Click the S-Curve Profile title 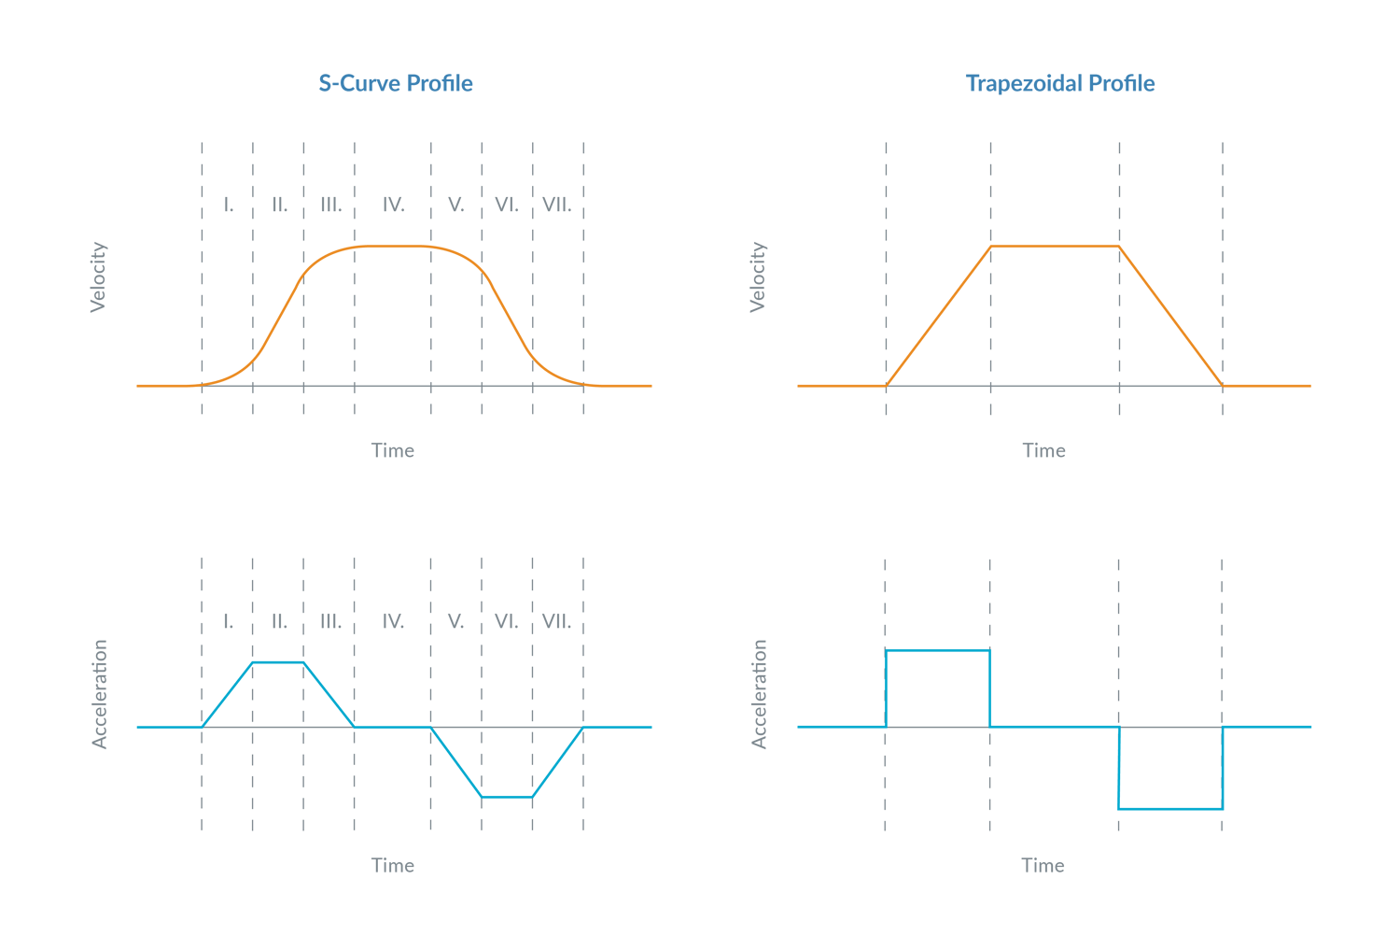coord(396,84)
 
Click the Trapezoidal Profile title coord(1060,84)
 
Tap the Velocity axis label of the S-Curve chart coord(99,276)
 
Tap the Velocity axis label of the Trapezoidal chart coord(758,276)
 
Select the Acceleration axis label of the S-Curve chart coord(100,693)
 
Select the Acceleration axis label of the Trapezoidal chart coord(760,693)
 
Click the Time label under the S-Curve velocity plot coord(392,450)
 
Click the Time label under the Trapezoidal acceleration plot coord(1043,865)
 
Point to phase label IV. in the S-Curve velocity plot coord(393,205)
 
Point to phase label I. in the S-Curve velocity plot coord(229,205)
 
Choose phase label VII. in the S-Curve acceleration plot coord(556,621)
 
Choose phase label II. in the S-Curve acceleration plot coord(279,621)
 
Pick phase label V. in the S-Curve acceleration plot coord(455,621)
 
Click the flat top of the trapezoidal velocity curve coord(1055,247)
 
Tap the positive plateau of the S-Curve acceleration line coord(278,662)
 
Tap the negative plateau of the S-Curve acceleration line coord(507,797)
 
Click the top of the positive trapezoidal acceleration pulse coord(937,650)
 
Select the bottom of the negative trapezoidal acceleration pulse coord(1170,808)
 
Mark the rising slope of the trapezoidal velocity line coord(938,316)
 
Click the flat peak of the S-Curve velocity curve coord(393,247)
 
